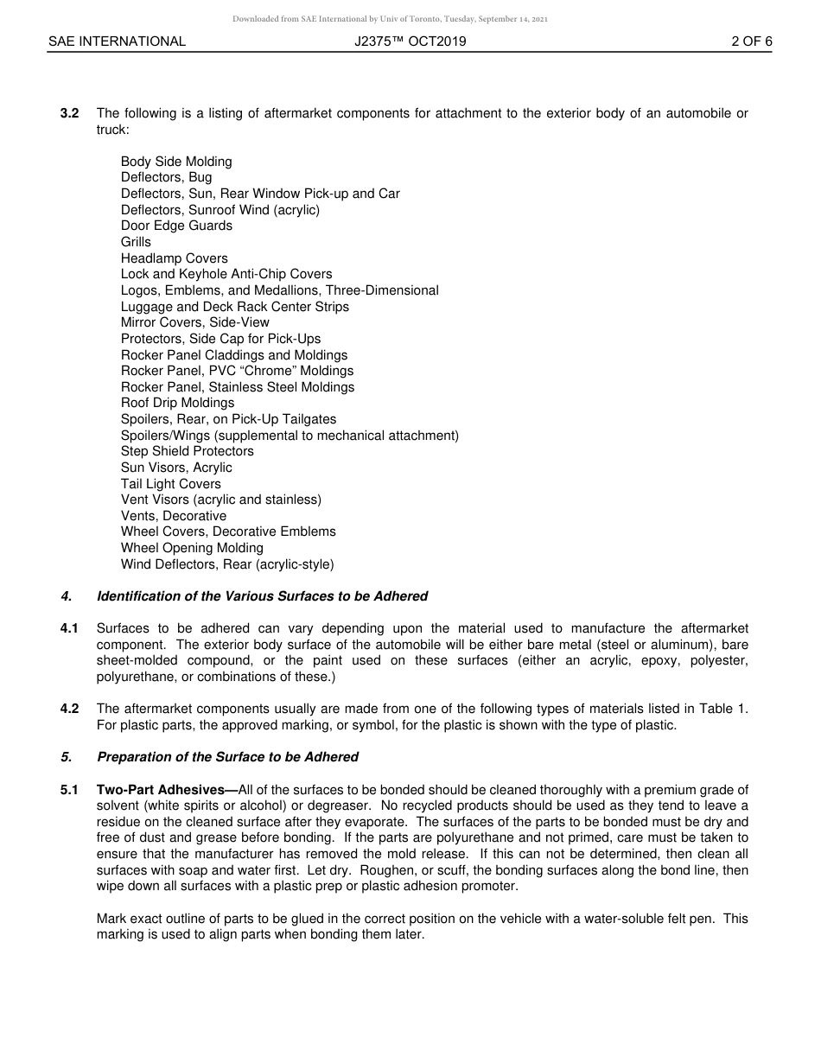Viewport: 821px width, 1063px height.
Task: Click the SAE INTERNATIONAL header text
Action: click(117, 41)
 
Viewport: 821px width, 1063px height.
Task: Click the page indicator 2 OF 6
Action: click(751, 41)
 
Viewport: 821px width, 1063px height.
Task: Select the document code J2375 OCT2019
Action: click(410, 41)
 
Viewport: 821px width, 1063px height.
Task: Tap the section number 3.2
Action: click(70, 113)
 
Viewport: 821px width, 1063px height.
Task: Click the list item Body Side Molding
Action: click(176, 162)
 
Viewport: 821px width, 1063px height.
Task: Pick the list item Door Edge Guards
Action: click(176, 226)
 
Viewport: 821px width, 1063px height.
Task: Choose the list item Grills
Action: click(136, 242)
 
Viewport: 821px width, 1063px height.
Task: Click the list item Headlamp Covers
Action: click(175, 258)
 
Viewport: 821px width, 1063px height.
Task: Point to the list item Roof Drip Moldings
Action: click(177, 403)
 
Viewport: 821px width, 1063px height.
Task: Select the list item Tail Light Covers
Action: click(171, 484)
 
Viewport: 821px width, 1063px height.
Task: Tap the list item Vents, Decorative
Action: click(174, 516)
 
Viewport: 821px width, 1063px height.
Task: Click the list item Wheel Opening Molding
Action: click(192, 548)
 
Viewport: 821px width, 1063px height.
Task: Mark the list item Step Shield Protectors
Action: click(188, 451)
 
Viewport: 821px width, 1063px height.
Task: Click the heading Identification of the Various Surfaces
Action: click(262, 596)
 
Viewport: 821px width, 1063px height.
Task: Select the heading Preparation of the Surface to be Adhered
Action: click(227, 757)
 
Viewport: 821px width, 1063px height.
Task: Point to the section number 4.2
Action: click(70, 709)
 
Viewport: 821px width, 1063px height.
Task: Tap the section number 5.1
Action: click(70, 790)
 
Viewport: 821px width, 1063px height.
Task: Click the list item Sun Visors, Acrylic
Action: click(176, 468)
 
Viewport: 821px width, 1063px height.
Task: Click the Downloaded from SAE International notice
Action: click(390, 18)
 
